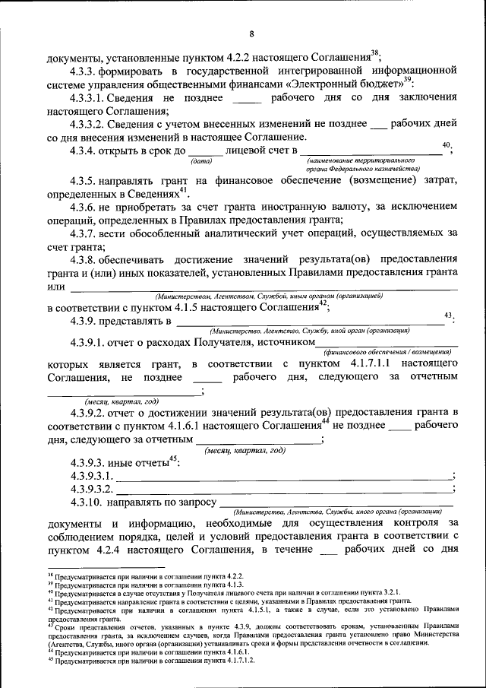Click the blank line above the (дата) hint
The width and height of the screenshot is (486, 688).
pos(204,154)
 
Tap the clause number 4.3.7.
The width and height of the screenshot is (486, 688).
pos(81,233)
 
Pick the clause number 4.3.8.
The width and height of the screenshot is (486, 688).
pos(81,259)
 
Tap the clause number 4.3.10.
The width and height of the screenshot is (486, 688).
pos(84,503)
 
